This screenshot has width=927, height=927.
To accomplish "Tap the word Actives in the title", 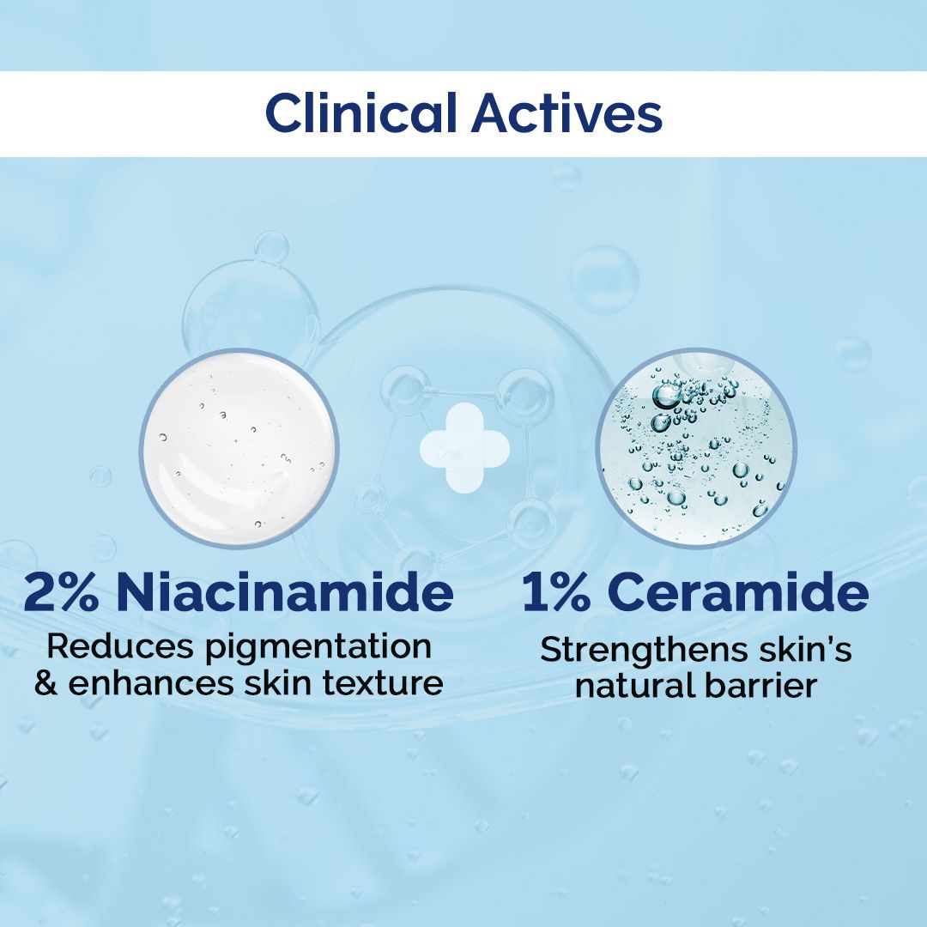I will click(566, 114).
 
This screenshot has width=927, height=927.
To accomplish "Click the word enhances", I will click(148, 683).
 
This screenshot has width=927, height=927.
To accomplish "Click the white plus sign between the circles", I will click(464, 447).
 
